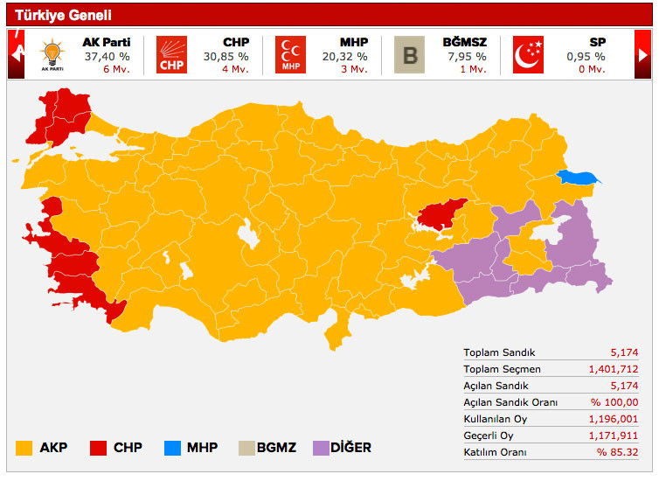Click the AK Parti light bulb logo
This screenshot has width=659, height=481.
pos(52,54)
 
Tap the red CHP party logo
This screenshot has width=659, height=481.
pos(171,55)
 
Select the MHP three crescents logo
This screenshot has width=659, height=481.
pos(290,55)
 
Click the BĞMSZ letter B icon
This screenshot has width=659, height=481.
pos(409,55)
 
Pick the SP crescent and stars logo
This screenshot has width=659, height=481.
pos(528,55)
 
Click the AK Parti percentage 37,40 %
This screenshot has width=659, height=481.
pos(106,56)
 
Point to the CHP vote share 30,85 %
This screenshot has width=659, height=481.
pos(225,56)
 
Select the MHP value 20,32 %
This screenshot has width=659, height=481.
pos(344,56)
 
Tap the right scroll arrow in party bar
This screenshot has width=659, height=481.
pos(643,54)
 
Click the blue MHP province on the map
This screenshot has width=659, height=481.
pos(579,178)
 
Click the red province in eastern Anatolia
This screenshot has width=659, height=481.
pos(440,215)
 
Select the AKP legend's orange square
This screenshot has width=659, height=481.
pos(24,448)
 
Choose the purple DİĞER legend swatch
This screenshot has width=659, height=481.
pos(318,448)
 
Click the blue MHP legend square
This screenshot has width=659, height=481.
pos(172,448)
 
